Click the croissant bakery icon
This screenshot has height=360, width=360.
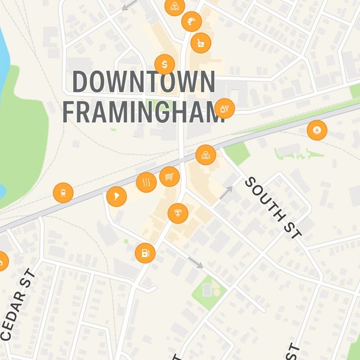pyautogui.click(x=191, y=22)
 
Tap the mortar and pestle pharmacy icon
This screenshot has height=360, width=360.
pyautogui.click(x=200, y=43)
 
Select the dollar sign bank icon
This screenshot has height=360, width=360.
pyautogui.click(x=164, y=64)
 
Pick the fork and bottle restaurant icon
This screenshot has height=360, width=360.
pyautogui.click(x=224, y=109)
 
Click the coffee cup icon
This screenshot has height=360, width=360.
pyautogui.click(x=316, y=130)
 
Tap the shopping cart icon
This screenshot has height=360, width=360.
pyautogui.click(x=170, y=177)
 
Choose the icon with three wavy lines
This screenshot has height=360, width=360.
pyautogui.click(x=146, y=182)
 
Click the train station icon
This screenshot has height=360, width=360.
pyautogui.click(x=62, y=193)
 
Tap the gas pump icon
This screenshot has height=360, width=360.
pyautogui.click(x=145, y=253)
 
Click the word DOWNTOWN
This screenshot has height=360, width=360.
pyautogui.click(x=143, y=82)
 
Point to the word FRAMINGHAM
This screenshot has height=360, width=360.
pyautogui.click(x=143, y=112)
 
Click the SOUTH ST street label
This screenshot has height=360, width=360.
pyautogui.click(x=274, y=208)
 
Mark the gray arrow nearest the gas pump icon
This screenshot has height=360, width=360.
pyautogui.click(x=196, y=263)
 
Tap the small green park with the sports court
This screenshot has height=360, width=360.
pyautogui.click(x=209, y=292)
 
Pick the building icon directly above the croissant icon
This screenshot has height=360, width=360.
pyautogui.click(x=175, y=7)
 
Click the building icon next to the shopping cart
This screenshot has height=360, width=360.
pyautogui.click(x=206, y=155)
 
